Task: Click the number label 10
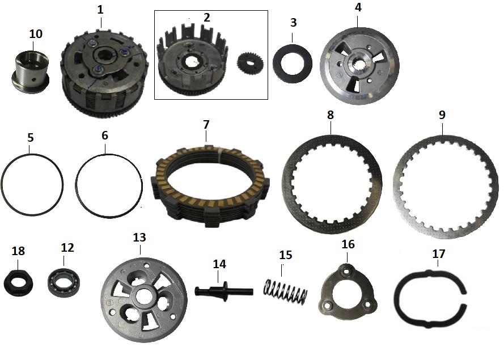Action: click(x=36, y=34)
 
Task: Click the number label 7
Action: click(x=206, y=123)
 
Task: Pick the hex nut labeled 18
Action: click(x=17, y=281)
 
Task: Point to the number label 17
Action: click(x=439, y=255)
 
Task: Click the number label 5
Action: click(x=31, y=137)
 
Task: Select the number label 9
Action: click(x=442, y=115)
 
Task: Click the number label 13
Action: click(x=139, y=236)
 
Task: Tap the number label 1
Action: click(x=100, y=10)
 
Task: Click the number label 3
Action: click(x=293, y=23)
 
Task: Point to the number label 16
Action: click(x=348, y=244)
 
